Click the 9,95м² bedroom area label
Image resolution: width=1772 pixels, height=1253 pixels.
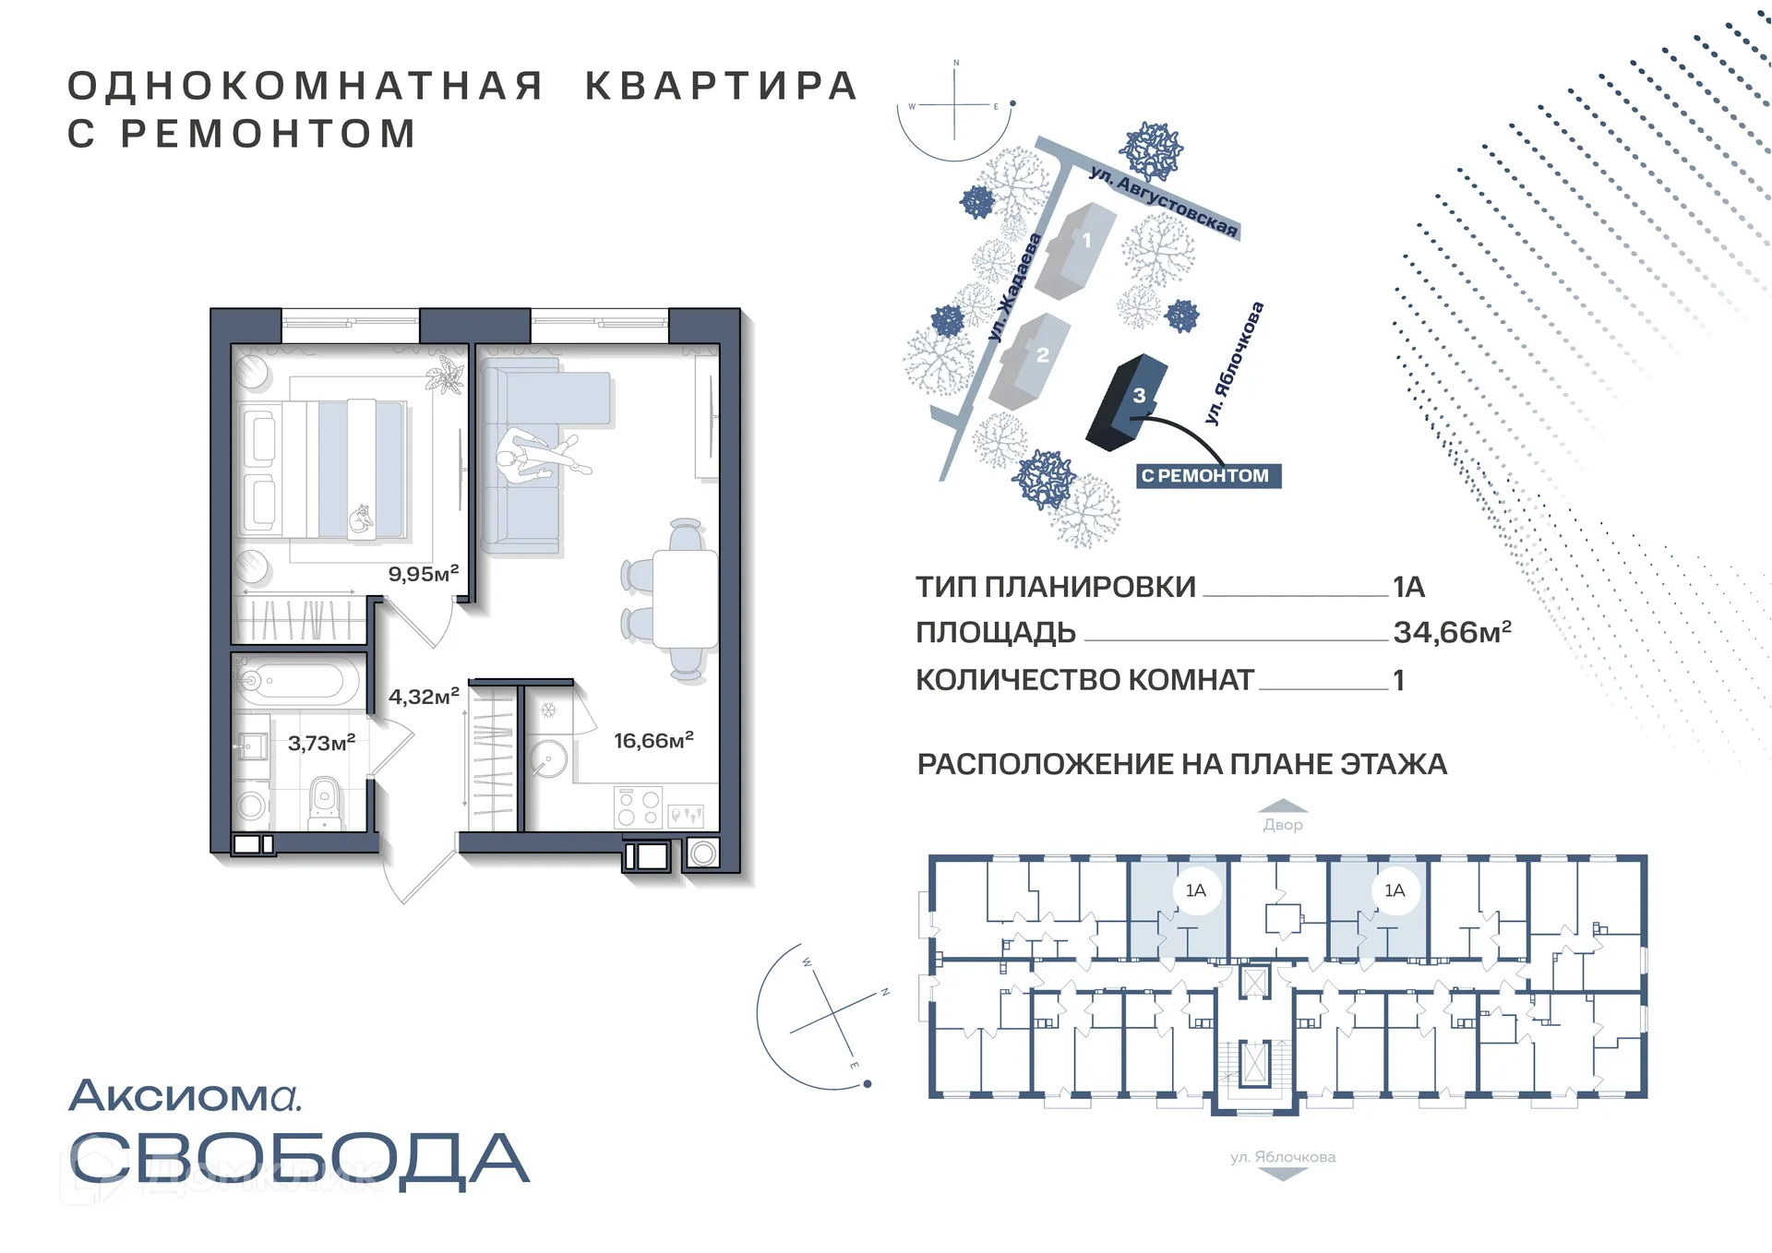(x=423, y=574)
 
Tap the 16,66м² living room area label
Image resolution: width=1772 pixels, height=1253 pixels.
(x=653, y=741)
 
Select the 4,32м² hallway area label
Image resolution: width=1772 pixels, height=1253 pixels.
(x=423, y=697)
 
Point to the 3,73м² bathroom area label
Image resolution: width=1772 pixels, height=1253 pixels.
(x=321, y=743)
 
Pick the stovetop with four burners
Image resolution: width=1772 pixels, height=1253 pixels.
(x=638, y=807)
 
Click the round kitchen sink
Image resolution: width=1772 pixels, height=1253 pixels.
(x=550, y=759)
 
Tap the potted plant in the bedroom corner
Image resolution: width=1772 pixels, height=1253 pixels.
(x=449, y=376)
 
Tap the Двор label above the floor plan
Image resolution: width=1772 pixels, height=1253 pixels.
(x=1283, y=825)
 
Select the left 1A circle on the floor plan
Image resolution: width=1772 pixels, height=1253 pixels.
(x=1195, y=890)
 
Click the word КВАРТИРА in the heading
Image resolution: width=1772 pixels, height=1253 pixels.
(x=722, y=86)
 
